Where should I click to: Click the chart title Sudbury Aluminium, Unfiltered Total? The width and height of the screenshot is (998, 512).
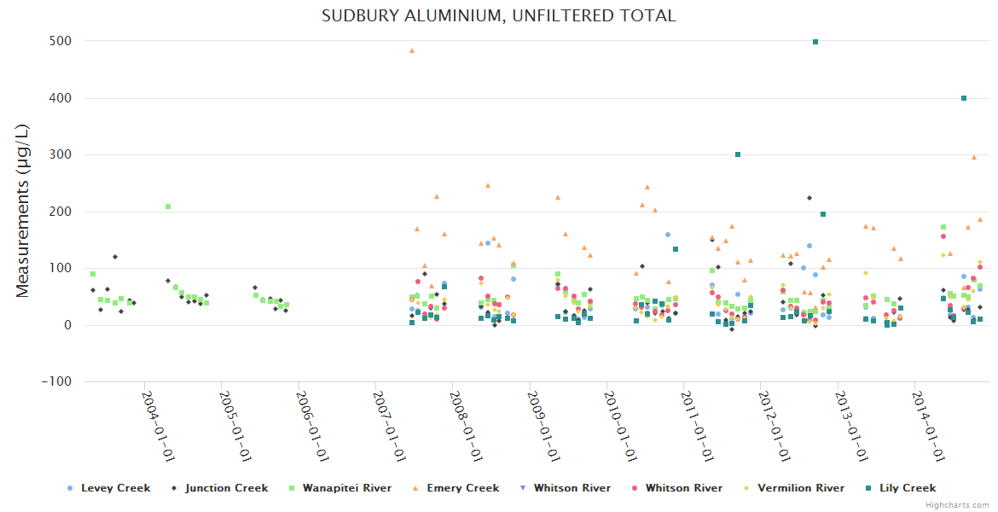498,15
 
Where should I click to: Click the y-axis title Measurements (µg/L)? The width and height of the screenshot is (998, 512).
23,210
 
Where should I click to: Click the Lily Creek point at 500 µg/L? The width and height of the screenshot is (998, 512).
815,41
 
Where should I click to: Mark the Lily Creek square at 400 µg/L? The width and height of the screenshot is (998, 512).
964,98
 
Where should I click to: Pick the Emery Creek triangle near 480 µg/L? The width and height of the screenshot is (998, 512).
412,50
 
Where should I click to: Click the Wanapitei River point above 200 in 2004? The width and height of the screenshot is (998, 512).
168,207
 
